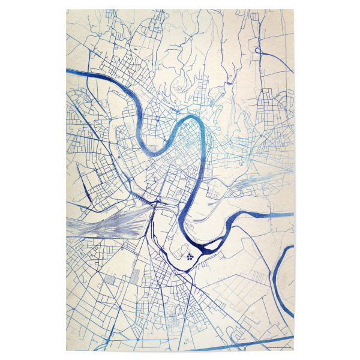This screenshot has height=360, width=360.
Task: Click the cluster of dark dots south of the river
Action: [x=190, y=256]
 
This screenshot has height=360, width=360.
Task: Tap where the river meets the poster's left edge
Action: [x=67, y=71]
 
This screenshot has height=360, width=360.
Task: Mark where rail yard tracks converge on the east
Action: [x=144, y=213]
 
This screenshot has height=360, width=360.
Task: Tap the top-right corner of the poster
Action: [x=293, y=9]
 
